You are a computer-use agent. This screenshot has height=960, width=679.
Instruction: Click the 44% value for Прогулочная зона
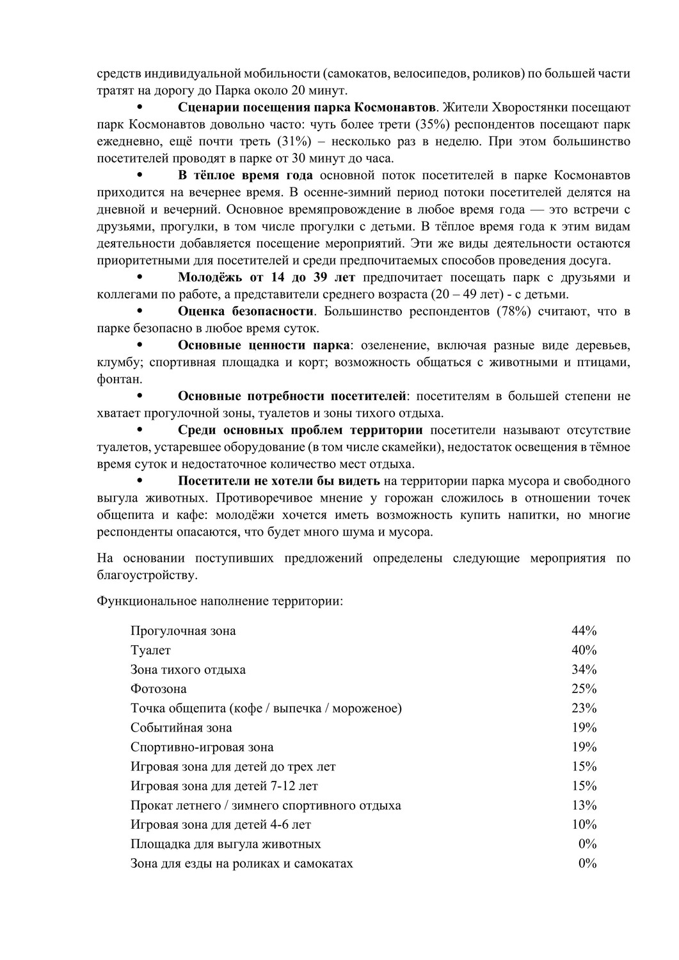coord(584,631)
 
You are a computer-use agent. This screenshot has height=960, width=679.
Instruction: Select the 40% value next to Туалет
coord(584,650)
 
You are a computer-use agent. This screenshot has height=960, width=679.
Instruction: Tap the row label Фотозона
coord(159,689)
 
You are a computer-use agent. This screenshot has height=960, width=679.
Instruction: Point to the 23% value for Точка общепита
coord(584,708)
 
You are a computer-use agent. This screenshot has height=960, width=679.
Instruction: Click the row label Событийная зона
coord(181,728)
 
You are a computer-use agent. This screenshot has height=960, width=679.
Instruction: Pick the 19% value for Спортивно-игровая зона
coord(584,747)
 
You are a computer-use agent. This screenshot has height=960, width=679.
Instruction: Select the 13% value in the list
coord(584,805)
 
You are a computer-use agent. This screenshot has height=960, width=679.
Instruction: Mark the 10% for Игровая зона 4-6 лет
coord(584,824)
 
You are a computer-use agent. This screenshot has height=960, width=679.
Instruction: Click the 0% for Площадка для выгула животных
coord(587,844)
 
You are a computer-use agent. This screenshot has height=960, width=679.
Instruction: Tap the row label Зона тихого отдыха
coord(188,670)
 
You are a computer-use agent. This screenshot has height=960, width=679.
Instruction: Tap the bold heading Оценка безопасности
coord(246,312)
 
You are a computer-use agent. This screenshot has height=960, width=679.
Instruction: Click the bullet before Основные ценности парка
coord(139,346)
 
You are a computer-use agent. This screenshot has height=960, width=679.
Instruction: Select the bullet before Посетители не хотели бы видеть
coord(139,481)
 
